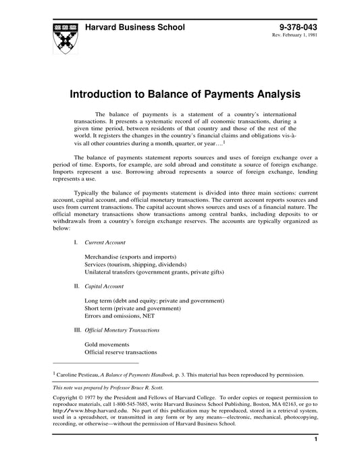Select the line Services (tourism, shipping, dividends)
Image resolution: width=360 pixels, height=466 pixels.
point(136,265)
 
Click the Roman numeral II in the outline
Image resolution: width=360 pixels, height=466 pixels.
point(76,286)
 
